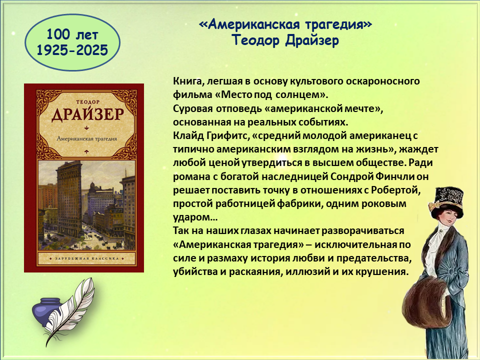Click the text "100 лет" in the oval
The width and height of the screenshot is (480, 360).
[x=72, y=34]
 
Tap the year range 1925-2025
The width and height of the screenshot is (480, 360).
[x=72, y=50]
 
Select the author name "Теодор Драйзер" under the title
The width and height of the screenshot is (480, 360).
[x=285, y=40]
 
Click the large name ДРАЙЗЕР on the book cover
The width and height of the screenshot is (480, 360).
[x=88, y=114]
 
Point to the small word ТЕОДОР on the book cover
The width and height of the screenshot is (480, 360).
[x=88, y=101]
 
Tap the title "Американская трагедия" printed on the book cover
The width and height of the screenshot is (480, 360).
[x=87, y=138]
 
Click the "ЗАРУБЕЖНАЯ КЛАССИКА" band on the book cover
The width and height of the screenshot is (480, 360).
[x=86, y=258]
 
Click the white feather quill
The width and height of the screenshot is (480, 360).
[x=71, y=309]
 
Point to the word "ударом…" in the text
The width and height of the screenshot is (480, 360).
[x=195, y=217]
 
